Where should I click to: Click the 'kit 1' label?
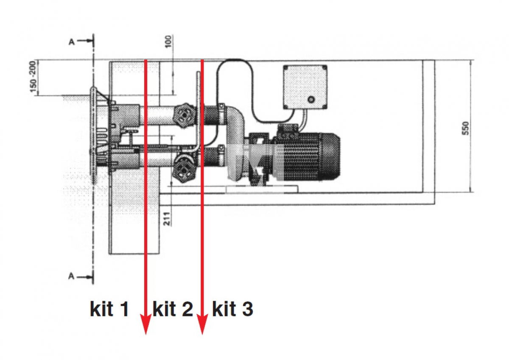[x=109, y=308]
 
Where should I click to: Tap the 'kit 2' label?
[x=173, y=308]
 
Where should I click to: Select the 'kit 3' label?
[x=232, y=308]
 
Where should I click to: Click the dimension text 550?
[x=465, y=128]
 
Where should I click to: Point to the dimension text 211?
[x=167, y=219]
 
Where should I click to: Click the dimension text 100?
[x=168, y=41]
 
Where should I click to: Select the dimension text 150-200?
[x=33, y=77]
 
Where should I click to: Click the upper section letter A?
[x=72, y=42]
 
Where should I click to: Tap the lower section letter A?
[x=71, y=276]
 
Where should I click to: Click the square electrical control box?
[x=305, y=87]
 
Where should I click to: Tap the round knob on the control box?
[x=311, y=99]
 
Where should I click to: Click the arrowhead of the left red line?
[x=145, y=324]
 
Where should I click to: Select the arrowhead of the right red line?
[x=202, y=324]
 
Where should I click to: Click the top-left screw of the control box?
[x=286, y=68]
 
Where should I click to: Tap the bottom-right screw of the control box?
[x=324, y=106]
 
